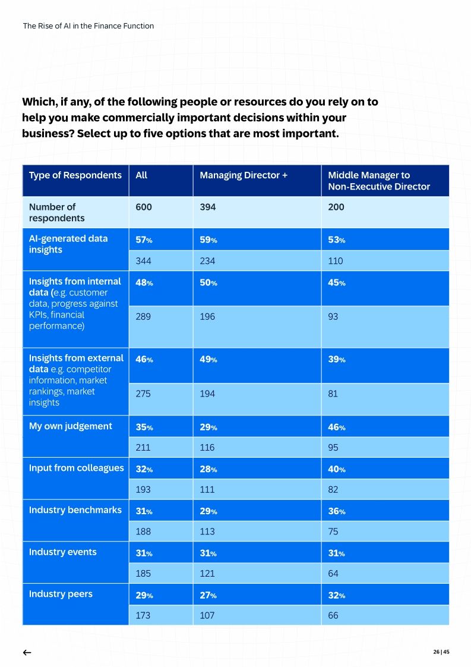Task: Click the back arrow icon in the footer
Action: [27, 652]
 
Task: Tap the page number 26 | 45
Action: [441, 652]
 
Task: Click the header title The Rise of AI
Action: [88, 26]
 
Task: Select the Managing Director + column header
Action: [244, 175]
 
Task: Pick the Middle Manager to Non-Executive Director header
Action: [379, 181]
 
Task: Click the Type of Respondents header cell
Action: [75, 175]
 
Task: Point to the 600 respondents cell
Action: [144, 207]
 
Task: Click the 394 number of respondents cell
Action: [208, 207]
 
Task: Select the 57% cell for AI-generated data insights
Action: [144, 240]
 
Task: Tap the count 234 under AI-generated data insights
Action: [208, 260]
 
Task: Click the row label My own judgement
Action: [70, 426]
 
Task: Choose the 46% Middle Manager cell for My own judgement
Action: [336, 427]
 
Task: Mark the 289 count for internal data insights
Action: [144, 316]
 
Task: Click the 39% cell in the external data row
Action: [336, 359]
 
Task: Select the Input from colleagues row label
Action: [76, 468]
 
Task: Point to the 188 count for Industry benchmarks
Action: [143, 531]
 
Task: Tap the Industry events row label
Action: [62, 552]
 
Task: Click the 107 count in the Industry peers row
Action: [207, 615]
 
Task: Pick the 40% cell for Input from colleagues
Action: [336, 469]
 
